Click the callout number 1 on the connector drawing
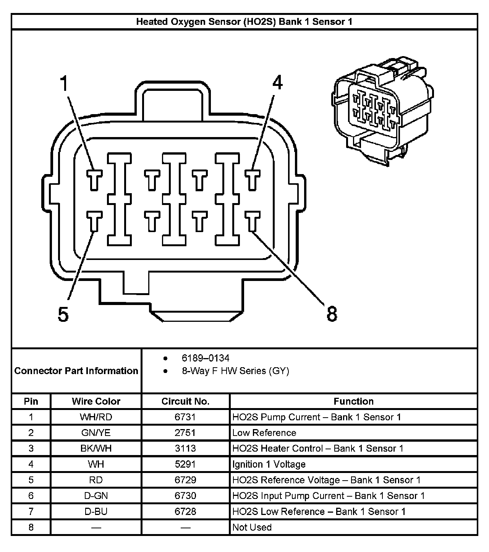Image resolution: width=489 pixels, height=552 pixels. [65, 84]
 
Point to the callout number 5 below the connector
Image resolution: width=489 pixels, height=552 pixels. [63, 315]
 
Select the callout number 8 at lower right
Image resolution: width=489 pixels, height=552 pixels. [332, 314]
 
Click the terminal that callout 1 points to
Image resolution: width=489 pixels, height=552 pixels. [94, 179]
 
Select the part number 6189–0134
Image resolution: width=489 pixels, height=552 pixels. [206, 358]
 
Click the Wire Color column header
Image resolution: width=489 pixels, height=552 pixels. [96, 401]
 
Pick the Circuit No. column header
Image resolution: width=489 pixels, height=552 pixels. [185, 401]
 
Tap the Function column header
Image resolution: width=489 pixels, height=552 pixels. [353, 401]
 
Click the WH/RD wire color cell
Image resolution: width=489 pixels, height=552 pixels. [96, 417]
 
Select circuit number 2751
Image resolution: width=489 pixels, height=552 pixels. [185, 433]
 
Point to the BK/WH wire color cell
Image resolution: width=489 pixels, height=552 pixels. [96, 448]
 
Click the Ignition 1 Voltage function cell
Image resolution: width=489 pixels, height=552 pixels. [269, 464]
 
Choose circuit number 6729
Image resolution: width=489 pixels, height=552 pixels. [185, 480]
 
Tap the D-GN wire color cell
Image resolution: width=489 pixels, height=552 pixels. [96, 496]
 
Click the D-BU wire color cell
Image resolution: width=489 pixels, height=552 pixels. [96, 511]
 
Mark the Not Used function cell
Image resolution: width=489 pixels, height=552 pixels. [252, 527]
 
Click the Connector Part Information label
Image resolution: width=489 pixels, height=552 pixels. [76, 371]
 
